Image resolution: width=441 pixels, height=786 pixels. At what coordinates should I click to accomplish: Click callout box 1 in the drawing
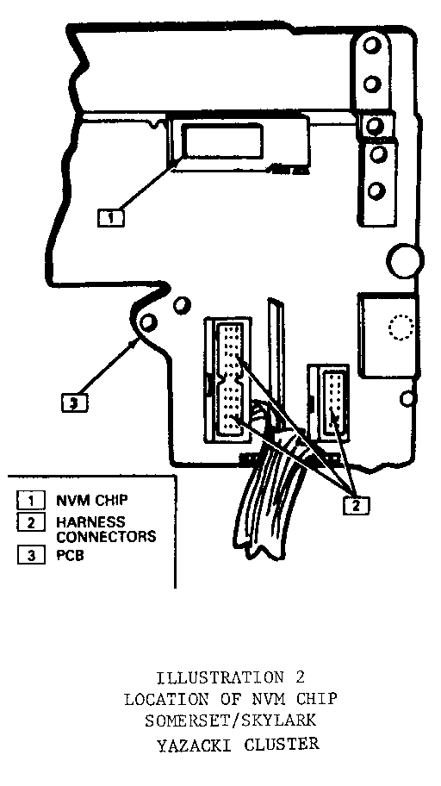coord(111,218)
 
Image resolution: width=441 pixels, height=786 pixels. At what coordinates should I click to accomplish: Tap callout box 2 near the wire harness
coord(356,506)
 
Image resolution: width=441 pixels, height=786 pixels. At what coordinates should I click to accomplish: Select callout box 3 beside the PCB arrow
coord(74,403)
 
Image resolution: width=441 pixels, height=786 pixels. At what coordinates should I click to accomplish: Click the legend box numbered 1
coord(30,500)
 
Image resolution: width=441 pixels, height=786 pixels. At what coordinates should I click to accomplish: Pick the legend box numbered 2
coord(30,522)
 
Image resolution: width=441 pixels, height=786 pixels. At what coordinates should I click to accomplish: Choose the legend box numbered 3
coord(30,555)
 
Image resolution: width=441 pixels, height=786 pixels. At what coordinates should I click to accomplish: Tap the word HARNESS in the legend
coord(90,521)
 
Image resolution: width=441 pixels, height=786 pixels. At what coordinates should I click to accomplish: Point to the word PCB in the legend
coord(70,555)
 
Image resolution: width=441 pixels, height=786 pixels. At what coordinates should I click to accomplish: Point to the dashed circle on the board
coord(401,327)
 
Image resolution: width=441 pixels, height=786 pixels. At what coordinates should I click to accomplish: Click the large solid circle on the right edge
coord(405,260)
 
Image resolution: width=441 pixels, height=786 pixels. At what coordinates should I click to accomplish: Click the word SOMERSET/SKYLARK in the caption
coord(231,720)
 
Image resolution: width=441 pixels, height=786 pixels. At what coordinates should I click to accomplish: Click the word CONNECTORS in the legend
coord(106,537)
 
